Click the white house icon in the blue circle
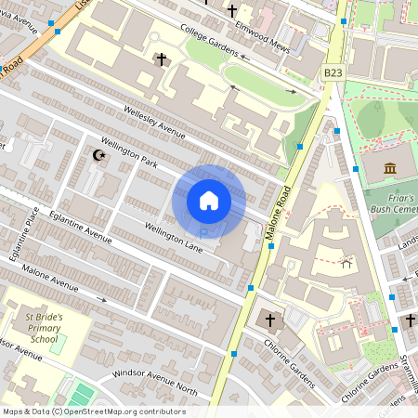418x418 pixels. [x=209, y=201]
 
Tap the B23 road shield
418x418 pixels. [x=333, y=72]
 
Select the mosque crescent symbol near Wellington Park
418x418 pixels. [x=99, y=155]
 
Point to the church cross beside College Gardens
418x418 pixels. [x=161, y=59]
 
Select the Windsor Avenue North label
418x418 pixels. [x=155, y=372]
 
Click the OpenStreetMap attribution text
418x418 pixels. [x=93, y=411]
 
